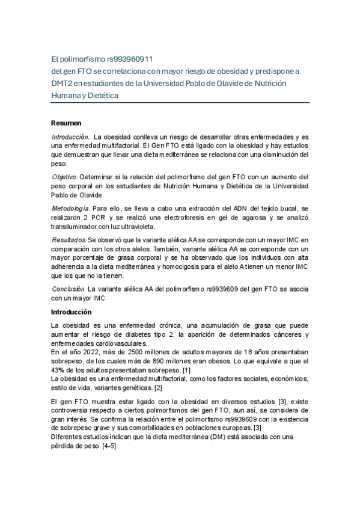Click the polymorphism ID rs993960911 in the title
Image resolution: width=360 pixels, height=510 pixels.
pyautogui.click(x=129, y=60)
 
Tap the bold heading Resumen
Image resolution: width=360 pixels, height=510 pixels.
pyautogui.click(x=66, y=123)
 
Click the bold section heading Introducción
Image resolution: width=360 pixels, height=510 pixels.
pyautogui.click(x=71, y=312)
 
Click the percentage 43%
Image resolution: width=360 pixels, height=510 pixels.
pyautogui.click(x=58, y=370)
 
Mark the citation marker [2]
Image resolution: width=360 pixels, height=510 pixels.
pyautogui.click(x=159, y=388)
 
